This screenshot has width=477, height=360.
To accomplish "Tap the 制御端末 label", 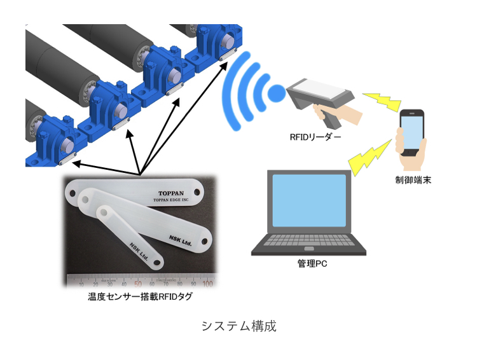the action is (x=413, y=181).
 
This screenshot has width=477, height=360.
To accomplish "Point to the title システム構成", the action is (x=238, y=326).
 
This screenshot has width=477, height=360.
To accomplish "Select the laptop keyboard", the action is (x=308, y=244).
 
